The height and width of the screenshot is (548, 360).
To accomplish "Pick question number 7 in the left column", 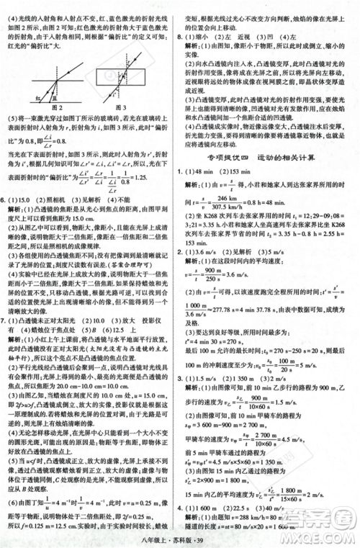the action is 8,319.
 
